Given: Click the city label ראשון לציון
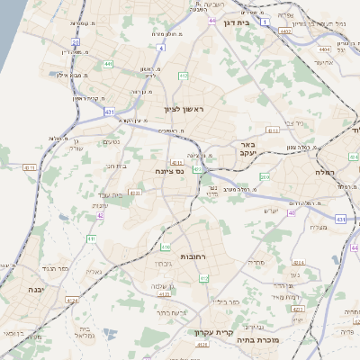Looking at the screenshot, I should tap(184, 109).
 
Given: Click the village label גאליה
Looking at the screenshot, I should tap(93, 271).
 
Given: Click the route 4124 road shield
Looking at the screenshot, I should tap(71, 300).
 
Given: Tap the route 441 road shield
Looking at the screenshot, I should tap(108, 64).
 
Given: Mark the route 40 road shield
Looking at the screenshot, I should tap(292, 213).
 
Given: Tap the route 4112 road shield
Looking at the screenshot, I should tap(28, 167).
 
